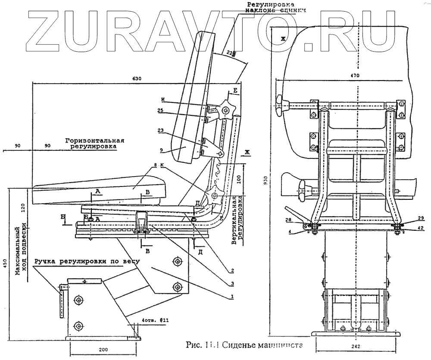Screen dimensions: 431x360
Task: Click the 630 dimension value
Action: tap(137, 79)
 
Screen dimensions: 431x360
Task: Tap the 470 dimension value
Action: tap(355, 75)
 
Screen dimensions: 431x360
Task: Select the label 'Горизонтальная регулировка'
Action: tap(95, 143)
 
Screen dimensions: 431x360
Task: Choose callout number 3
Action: tap(232, 283)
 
